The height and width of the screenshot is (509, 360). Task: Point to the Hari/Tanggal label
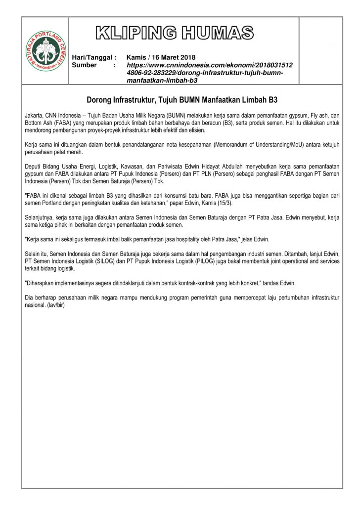point(94,57)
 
